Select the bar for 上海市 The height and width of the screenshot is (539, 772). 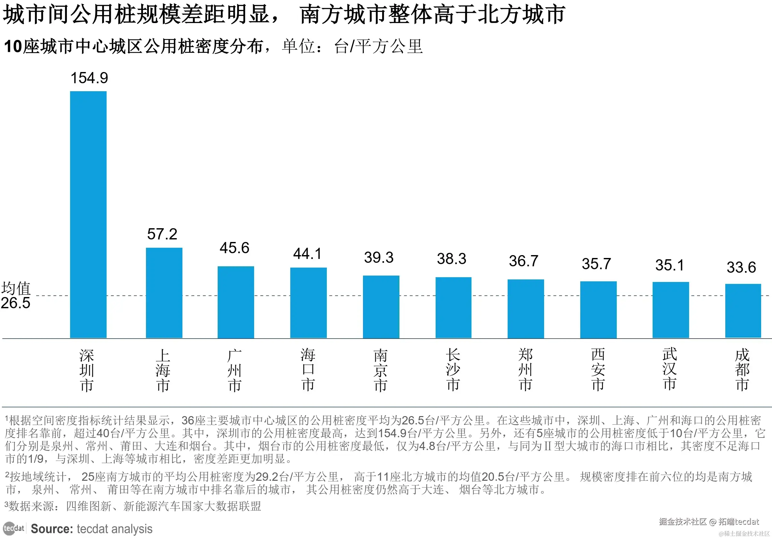click(164, 293)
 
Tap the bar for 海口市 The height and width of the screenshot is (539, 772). click(308, 302)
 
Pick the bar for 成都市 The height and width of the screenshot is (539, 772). click(743, 311)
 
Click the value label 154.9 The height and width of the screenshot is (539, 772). click(89, 78)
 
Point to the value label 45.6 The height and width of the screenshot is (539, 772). click(234, 248)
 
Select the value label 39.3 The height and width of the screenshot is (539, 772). click(379, 258)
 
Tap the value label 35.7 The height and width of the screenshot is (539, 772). click(596, 264)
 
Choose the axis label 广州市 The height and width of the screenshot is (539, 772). click(235, 370)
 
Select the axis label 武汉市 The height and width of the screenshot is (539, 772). click(670, 369)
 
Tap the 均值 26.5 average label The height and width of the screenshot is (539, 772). click(16, 295)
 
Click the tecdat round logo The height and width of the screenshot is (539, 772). click(9, 528)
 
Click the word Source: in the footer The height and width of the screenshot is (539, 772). click(52, 529)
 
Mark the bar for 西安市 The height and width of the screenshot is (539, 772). click(598, 310)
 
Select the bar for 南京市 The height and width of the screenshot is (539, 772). click(381, 307)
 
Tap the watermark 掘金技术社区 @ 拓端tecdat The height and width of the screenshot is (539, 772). click(709, 521)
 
